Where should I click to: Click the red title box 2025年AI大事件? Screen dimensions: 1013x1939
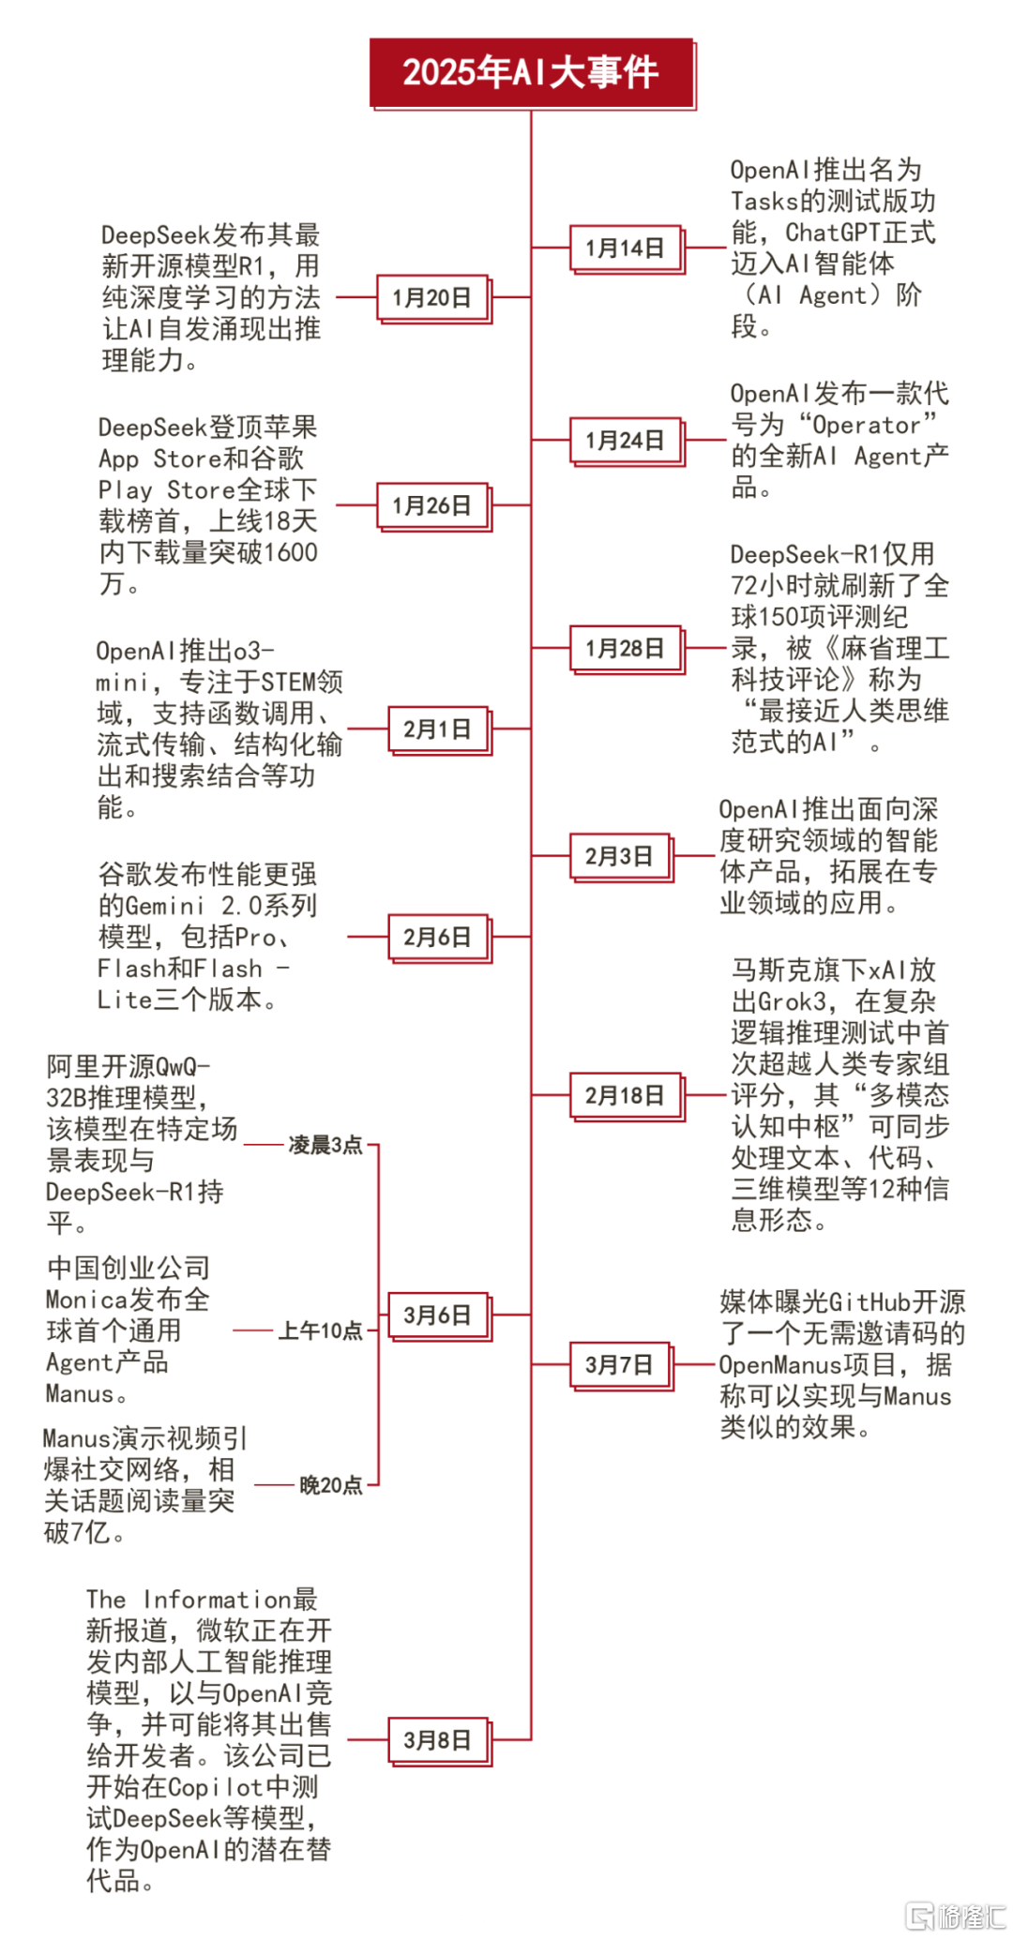pyautogui.click(x=532, y=73)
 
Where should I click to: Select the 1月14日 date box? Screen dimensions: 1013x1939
pyautogui.click(x=626, y=248)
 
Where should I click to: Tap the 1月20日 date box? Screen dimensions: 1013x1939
pyautogui.click(x=433, y=298)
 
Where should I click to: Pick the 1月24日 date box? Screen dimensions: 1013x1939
pyautogui.click(x=626, y=441)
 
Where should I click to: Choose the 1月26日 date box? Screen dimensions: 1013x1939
pyautogui.click(x=433, y=506)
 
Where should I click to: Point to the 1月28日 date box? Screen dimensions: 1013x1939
pyautogui.click(x=626, y=649)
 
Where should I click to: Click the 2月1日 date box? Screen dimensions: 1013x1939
pyautogui.click(x=439, y=729)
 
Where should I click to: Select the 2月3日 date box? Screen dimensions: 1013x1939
pyautogui.click(x=621, y=857)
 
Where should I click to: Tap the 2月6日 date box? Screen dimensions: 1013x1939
pyautogui.click(x=439, y=938)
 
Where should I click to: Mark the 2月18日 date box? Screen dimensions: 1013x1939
pyautogui.click(x=626, y=1096)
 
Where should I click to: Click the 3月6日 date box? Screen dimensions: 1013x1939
pyautogui.click(x=439, y=1315)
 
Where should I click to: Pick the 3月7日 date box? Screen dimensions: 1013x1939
pyautogui.click(x=621, y=1365)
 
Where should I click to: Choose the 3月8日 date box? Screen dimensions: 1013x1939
pyautogui.click(x=439, y=1741)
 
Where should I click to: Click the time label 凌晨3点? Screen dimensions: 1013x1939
pyautogui.click(x=325, y=1145)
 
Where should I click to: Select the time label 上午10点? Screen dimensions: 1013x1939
pyautogui.click(x=321, y=1330)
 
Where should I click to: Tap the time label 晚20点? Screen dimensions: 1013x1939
pyautogui.click(x=331, y=1485)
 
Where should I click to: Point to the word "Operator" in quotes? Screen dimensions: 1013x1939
pyautogui.click(x=868, y=426)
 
